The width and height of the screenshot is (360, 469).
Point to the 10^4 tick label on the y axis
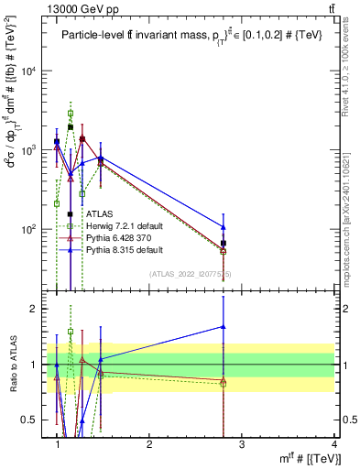pyautogui.click(x=31, y=71)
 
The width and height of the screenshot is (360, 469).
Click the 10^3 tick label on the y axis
pyautogui.click(x=31, y=150)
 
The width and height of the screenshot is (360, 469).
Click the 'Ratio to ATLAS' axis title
pyautogui.click(x=12, y=364)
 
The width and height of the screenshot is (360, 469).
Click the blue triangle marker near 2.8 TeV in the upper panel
pyautogui.click(x=224, y=226)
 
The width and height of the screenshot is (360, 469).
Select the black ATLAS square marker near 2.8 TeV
pyautogui.click(x=224, y=244)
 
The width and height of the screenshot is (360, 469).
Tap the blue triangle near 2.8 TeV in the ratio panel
pyautogui.click(x=224, y=326)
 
